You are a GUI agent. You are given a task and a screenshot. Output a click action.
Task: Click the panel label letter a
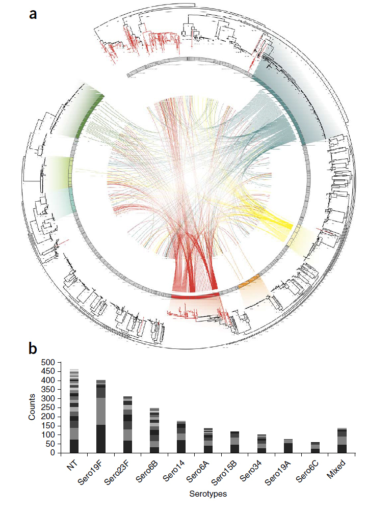(33, 14)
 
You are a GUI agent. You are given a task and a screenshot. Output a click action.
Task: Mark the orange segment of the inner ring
(249, 280)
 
